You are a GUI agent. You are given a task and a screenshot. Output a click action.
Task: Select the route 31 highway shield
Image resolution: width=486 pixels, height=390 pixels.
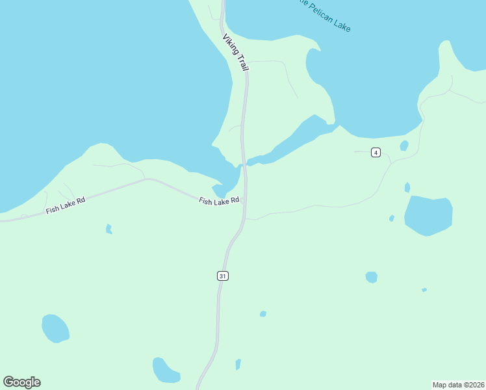223,276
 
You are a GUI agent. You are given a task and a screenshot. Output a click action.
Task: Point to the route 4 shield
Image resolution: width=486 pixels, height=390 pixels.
376,153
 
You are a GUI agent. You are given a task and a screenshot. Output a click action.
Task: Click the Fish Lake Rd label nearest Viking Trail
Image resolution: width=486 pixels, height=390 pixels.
219,201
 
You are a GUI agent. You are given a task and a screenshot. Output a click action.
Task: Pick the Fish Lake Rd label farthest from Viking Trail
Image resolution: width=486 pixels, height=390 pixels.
66,205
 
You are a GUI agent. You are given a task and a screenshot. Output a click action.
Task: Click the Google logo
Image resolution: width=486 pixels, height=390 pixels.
21,382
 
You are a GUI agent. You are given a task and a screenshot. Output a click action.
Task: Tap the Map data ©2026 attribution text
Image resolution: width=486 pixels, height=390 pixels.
458,384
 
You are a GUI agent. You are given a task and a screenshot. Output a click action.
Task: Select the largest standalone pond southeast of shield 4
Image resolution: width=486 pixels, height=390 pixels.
428,214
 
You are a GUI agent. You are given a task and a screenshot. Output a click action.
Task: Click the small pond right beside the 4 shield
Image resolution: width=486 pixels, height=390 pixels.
404,146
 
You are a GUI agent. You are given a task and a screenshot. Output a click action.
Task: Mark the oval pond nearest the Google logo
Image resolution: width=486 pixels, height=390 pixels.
55,328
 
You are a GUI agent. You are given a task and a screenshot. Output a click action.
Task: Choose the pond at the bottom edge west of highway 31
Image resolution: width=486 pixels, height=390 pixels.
165,370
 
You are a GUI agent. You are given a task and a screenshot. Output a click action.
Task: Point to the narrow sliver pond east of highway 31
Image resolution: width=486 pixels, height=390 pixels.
238,364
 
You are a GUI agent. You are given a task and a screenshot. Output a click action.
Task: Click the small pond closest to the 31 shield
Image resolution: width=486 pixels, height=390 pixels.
262,314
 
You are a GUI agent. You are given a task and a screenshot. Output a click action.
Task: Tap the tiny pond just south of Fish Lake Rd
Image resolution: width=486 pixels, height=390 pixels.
109,229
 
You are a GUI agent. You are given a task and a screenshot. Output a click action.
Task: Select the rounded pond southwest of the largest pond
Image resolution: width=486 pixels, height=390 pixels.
371,278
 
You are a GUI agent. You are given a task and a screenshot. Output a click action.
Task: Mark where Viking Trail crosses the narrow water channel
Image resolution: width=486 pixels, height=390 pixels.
244,164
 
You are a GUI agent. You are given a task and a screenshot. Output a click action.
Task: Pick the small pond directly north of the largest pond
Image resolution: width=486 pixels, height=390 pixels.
407,187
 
